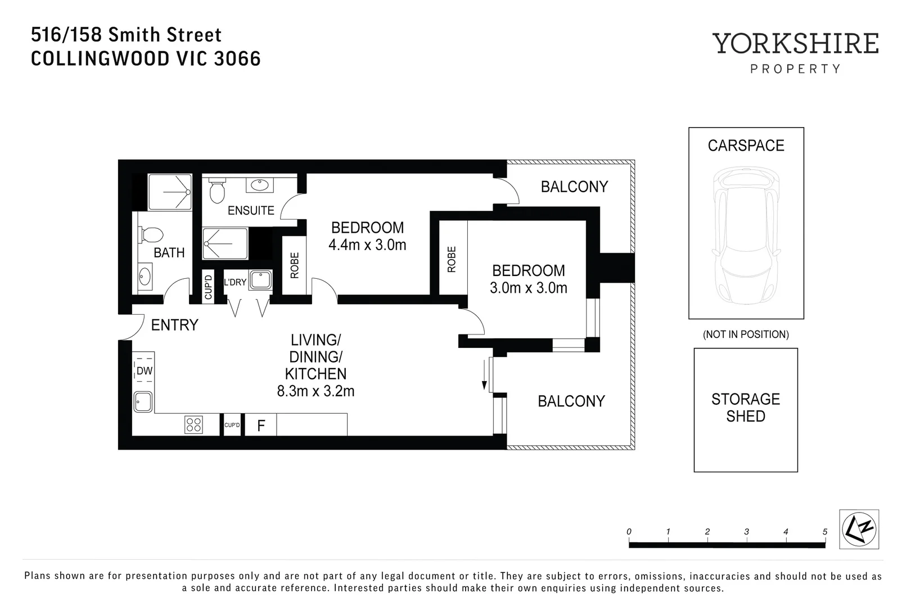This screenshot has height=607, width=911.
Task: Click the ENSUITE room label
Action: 251,210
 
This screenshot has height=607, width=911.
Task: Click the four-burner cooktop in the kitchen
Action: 193,424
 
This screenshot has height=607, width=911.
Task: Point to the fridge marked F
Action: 261,425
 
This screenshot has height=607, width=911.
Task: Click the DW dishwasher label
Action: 145,371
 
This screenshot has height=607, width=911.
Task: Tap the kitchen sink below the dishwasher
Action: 143,401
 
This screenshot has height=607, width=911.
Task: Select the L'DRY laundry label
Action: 235,282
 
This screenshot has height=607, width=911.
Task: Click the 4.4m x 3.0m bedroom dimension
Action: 367,245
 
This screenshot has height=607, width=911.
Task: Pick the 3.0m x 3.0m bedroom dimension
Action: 528,288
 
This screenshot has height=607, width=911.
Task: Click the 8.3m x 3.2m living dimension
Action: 315,391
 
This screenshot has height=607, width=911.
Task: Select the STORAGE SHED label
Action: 746,407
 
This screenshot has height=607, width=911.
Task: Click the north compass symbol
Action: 859,529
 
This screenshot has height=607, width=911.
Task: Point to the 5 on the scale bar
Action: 825,532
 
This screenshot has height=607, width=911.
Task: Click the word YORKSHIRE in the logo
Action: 795,44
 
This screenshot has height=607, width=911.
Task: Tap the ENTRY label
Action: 174,325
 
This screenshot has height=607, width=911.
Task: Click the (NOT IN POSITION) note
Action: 746,334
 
